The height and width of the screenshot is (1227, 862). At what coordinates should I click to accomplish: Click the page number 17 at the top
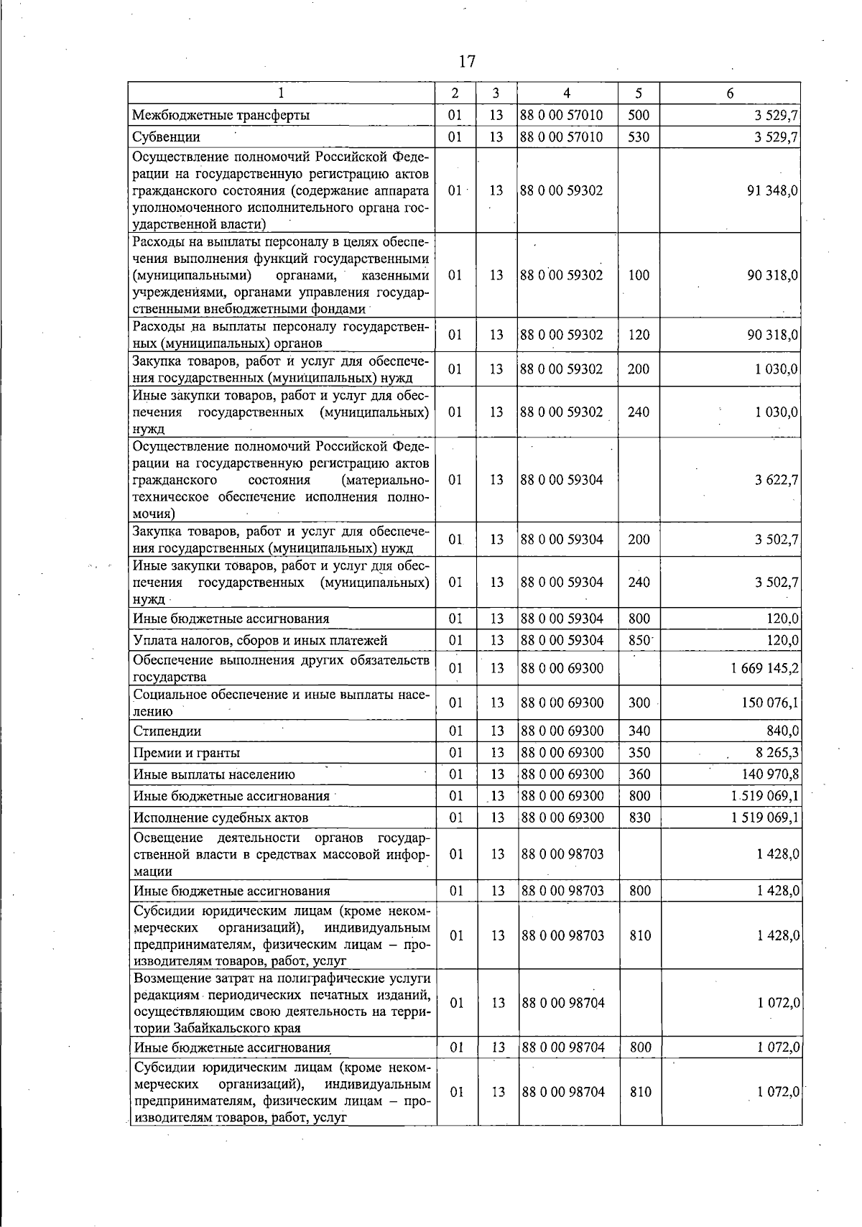click(467, 61)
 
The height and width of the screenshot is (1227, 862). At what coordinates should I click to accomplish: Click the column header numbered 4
click(567, 93)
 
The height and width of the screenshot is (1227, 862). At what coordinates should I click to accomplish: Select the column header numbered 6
click(730, 93)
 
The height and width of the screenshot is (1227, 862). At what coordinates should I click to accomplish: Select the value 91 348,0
click(773, 190)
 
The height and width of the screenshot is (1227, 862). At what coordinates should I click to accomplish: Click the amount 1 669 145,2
click(765, 668)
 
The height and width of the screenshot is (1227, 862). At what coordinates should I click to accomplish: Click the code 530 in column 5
click(638, 136)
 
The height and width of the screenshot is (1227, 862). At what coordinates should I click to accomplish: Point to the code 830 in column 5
click(639, 818)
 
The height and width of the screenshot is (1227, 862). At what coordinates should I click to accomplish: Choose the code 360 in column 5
click(639, 774)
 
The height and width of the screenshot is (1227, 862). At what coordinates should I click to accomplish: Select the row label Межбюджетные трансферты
click(221, 115)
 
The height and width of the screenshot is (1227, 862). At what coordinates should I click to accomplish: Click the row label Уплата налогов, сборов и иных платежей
click(260, 640)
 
